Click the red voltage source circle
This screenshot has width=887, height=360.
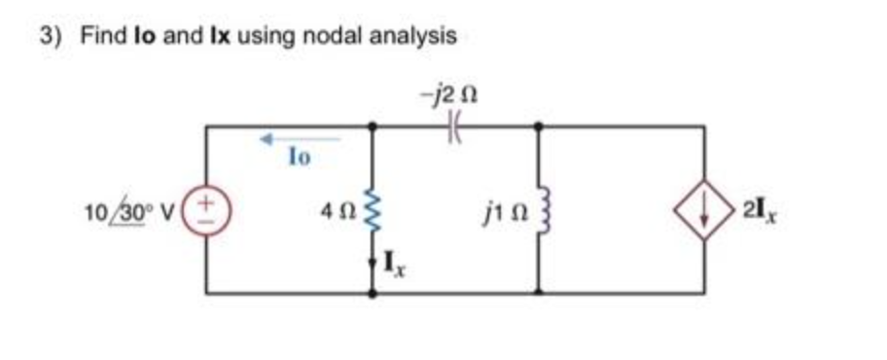(206, 208)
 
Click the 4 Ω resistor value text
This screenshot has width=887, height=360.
(343, 209)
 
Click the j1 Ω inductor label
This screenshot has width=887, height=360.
(504, 208)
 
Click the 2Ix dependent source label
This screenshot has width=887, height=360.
(753, 208)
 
